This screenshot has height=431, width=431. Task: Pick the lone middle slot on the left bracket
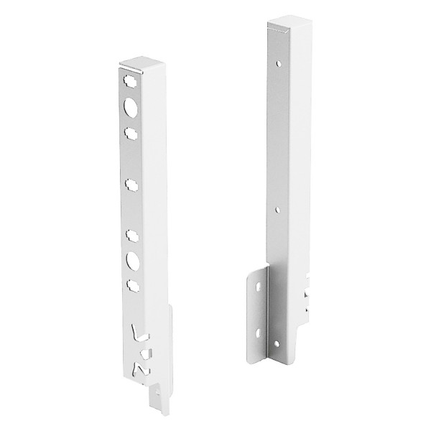pos(131,185)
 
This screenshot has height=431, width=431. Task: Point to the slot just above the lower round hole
pos(131,234)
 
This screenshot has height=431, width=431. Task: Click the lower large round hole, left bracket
pos(132,259)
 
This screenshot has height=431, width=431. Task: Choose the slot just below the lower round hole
pos(132,284)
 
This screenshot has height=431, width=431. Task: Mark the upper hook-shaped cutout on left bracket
pos(136,334)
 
